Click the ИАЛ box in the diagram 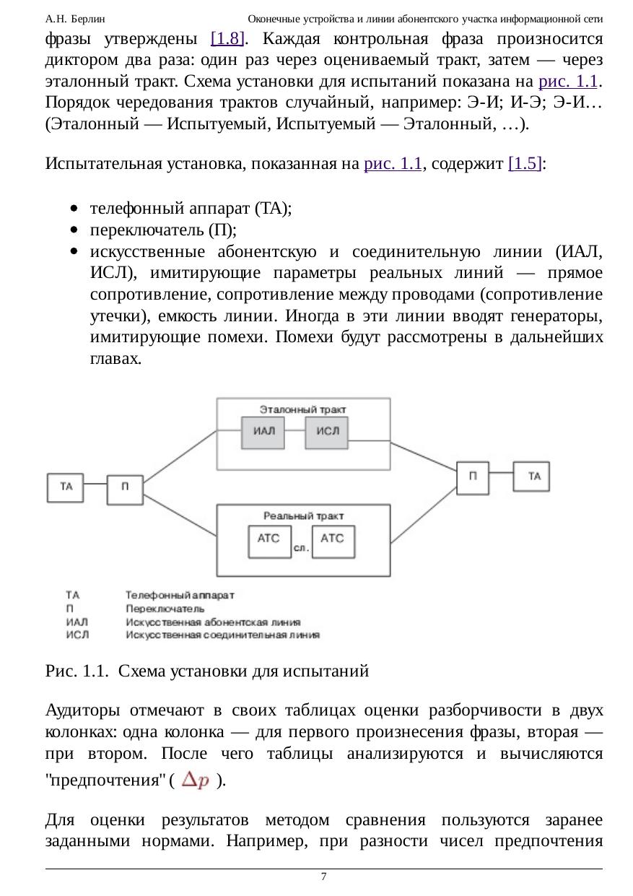point(263,432)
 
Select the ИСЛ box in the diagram point(327,432)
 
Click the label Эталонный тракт point(302,409)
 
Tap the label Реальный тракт point(303,516)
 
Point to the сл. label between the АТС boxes point(302,549)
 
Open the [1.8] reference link point(226,38)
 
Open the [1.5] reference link point(525,163)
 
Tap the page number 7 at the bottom point(323,877)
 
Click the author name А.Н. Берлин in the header point(75,18)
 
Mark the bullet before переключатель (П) point(74,230)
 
